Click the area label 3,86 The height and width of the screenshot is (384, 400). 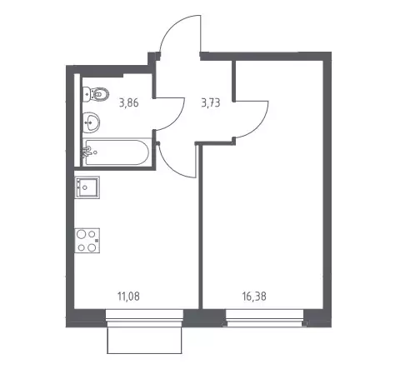point(128,103)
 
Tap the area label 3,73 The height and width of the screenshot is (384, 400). point(211,103)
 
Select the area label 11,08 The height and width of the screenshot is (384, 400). point(128,297)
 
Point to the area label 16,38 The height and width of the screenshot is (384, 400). point(254,297)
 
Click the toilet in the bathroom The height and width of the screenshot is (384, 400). point(96,94)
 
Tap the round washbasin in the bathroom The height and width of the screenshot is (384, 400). point(92,122)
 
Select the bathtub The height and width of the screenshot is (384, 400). point(117,152)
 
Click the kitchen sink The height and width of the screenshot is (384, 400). point(87,187)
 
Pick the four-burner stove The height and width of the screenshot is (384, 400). point(87,241)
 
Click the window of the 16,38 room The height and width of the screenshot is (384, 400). point(265,318)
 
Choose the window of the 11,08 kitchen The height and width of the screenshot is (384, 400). point(144,318)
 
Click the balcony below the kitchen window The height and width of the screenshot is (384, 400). point(144,340)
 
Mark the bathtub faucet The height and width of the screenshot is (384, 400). point(87,152)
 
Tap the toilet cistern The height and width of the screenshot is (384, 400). point(86,94)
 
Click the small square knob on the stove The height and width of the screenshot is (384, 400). point(97,241)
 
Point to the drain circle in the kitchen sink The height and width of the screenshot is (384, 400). point(85,187)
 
